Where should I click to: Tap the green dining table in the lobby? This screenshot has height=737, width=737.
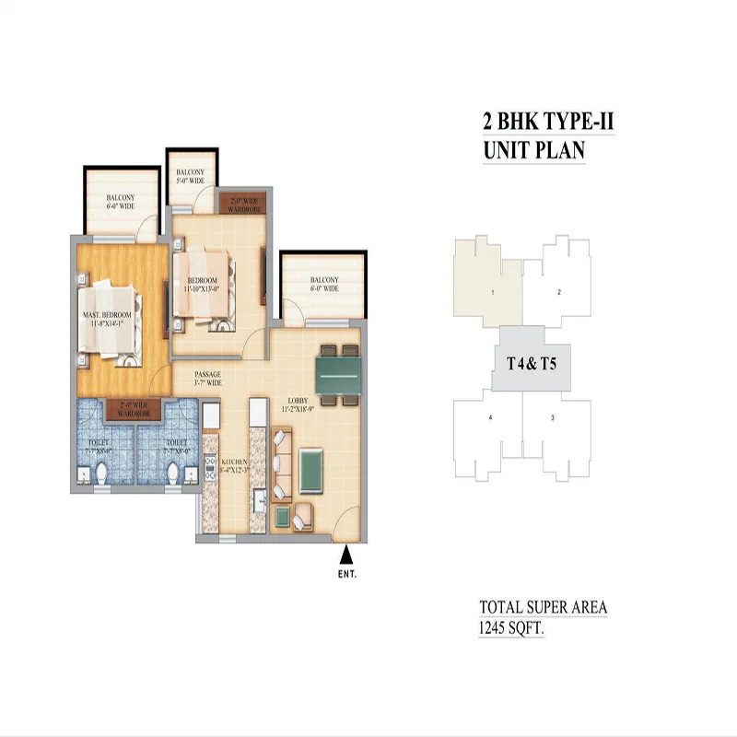[339, 375]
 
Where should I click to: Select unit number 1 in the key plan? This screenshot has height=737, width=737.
[493, 292]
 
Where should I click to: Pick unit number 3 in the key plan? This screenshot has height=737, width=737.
[552, 418]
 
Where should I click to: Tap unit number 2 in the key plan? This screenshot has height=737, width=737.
[559, 292]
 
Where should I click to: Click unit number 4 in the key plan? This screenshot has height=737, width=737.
[490, 418]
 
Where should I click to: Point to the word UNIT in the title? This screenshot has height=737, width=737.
[508, 150]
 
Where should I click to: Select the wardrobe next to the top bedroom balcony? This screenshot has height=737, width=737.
[241, 203]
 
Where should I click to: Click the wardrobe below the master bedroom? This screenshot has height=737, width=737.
[135, 409]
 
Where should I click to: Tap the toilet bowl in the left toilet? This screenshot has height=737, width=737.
[105, 472]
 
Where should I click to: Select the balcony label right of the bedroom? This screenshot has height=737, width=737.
[323, 285]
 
